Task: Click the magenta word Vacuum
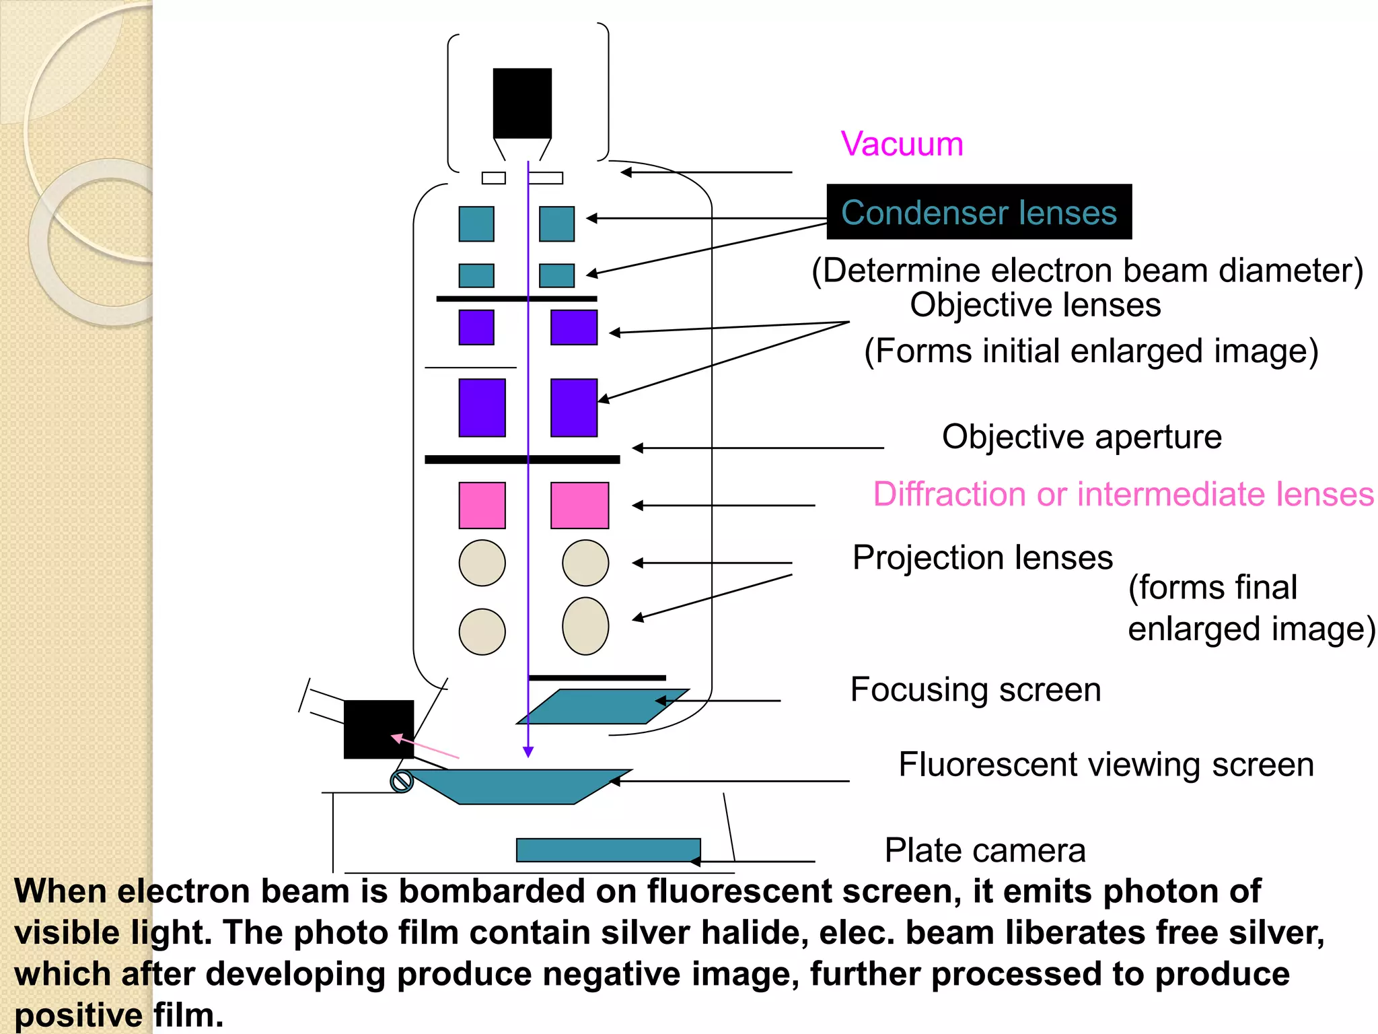902,144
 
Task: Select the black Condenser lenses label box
979,212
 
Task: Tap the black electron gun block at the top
522,103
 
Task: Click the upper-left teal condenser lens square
476,223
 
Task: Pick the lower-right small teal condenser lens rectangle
556,275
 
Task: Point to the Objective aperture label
1081,437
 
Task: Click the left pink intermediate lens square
482,505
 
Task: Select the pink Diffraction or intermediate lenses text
1122,494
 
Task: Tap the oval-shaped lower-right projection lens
585,626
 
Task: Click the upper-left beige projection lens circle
482,563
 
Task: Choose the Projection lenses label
982,557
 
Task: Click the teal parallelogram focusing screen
602,706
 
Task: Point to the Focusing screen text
976,689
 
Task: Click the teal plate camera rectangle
608,850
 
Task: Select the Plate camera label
984,850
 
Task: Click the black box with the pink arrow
378,729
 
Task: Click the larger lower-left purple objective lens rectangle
482,408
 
